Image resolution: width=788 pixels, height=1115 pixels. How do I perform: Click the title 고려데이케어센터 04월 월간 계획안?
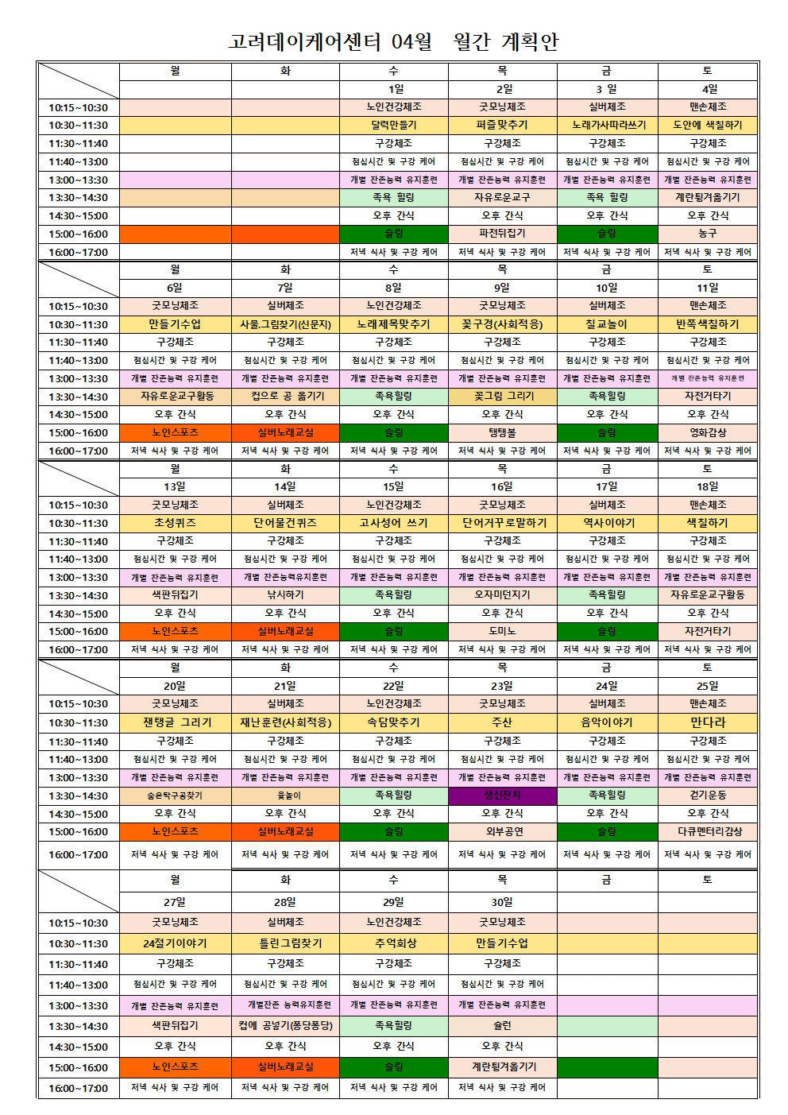point(393,41)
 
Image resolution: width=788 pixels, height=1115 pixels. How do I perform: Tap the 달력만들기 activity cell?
point(393,125)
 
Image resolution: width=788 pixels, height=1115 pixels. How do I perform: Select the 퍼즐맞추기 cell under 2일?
point(502,125)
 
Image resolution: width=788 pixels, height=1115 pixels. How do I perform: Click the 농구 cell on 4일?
point(708,234)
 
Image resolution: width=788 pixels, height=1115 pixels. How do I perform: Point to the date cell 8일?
point(393,288)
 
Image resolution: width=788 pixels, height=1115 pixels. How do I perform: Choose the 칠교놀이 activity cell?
point(606,324)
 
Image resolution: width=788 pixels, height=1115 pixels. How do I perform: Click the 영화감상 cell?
point(708,433)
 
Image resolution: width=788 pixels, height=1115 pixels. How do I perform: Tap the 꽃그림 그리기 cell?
point(502,396)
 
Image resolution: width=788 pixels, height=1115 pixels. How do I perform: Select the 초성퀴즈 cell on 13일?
point(175,523)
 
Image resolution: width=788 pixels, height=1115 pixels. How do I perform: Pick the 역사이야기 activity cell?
point(606,523)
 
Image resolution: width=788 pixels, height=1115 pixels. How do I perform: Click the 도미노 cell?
point(502,631)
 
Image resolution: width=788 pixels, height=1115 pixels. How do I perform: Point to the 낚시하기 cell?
point(285,594)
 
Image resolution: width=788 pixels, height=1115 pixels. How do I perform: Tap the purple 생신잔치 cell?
point(502,795)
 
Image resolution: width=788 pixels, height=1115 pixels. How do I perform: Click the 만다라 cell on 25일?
point(708,722)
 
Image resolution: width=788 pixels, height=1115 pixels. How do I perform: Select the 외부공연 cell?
point(502,831)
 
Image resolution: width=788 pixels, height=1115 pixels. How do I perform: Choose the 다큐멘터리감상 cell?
point(708,831)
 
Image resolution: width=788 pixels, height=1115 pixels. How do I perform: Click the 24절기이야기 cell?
point(175,943)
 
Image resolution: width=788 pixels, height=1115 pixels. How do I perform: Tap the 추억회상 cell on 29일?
point(393,943)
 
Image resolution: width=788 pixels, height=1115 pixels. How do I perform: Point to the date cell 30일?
point(502,902)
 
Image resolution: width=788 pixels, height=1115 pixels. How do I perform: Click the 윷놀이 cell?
point(285,795)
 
